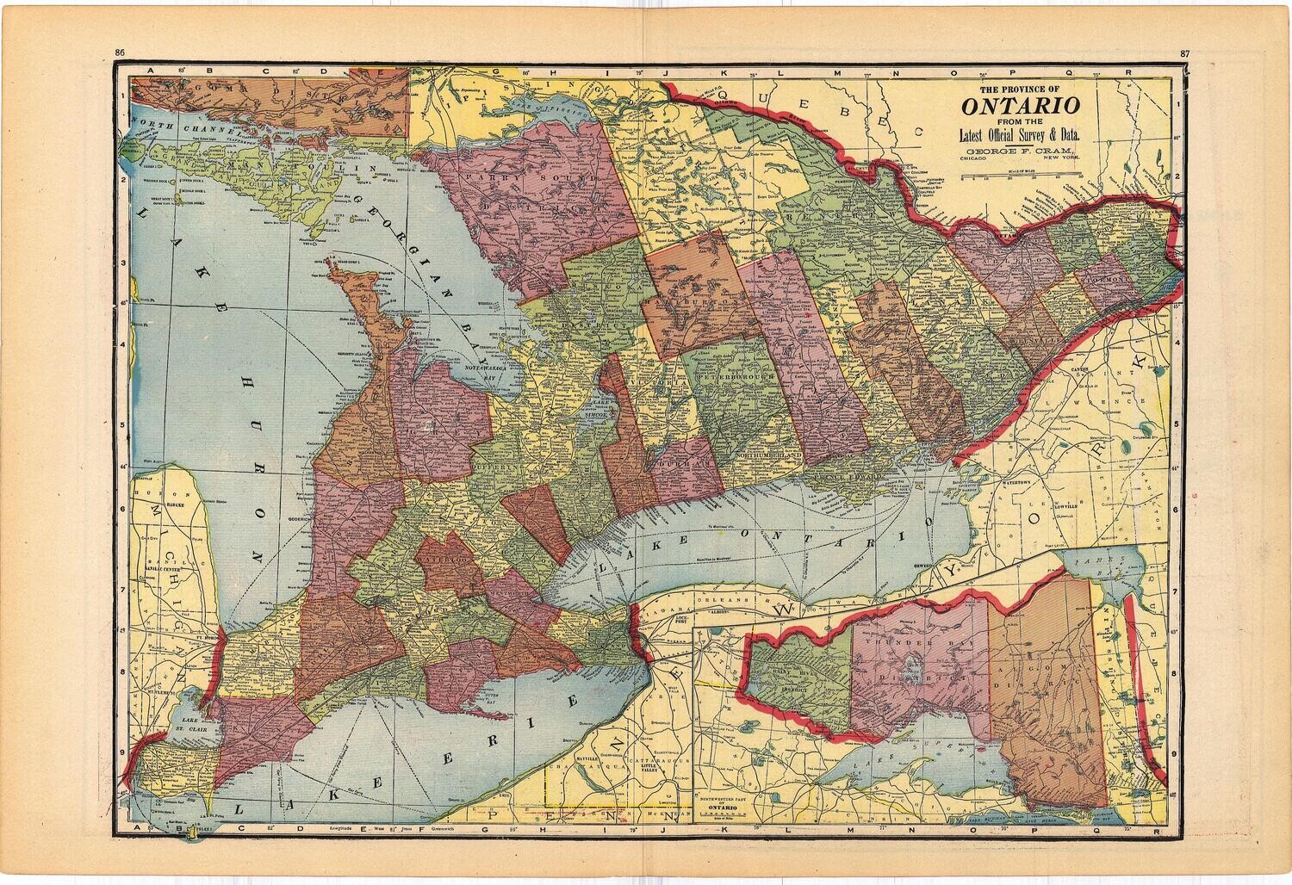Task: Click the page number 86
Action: (121, 54)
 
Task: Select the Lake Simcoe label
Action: (599, 409)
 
